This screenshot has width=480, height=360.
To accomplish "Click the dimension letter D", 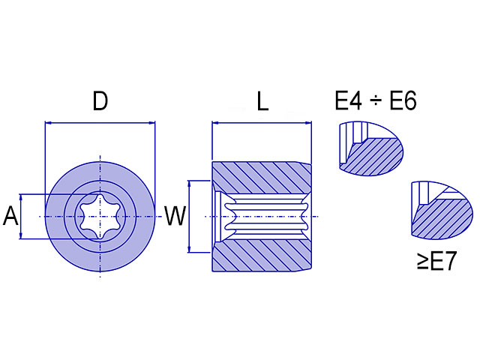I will pyautogui.click(x=100, y=101).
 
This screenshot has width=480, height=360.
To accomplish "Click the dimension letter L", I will pyautogui.click(x=262, y=101).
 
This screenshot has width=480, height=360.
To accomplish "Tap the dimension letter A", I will pyautogui.click(x=10, y=217).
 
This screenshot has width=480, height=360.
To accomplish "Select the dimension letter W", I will pyautogui.click(x=175, y=217).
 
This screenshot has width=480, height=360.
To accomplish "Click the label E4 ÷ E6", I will pyautogui.click(x=375, y=101).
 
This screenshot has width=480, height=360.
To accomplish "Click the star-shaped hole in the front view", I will pyautogui.click(x=100, y=217).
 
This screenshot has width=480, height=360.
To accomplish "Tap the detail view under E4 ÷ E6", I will pyautogui.click(x=370, y=148).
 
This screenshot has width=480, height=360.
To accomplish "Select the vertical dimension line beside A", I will pyautogui.click(x=22, y=217).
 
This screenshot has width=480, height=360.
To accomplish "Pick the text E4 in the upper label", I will pyautogui.click(x=349, y=101).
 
